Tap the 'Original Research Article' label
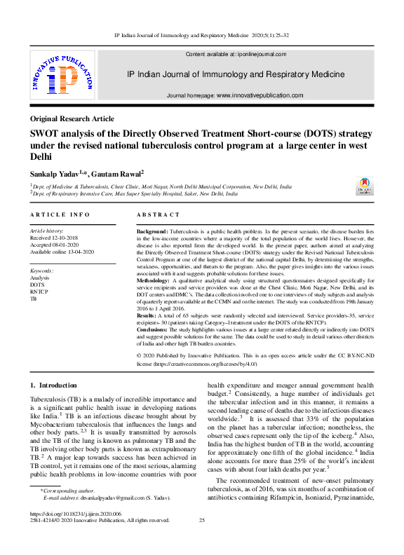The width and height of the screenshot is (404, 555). (x=72, y=118)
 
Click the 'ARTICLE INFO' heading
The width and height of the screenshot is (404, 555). (x=60, y=214)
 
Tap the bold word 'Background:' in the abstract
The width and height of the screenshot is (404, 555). (x=151, y=231)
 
